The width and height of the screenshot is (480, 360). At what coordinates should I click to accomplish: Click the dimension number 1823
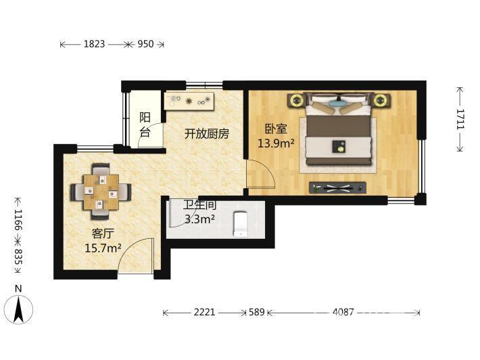pos(94,44)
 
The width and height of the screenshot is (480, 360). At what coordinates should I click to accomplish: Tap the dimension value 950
pos(145,44)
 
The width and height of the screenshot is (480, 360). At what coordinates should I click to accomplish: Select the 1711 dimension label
pos(460,119)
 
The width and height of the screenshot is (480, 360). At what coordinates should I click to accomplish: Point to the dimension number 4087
pos(343,312)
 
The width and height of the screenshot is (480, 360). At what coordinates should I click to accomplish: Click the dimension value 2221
pos(204,312)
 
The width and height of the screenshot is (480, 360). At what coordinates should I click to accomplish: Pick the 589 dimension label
pos(256,312)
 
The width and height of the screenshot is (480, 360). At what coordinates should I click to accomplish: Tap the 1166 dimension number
pos(18,220)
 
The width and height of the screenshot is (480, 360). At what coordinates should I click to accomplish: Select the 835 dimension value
pos(18,256)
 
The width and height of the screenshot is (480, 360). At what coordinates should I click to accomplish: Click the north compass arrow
pos(19,309)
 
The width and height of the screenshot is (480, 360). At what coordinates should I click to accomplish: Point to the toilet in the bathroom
pos(241,224)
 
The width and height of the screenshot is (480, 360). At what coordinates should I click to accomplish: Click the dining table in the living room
pos(101,192)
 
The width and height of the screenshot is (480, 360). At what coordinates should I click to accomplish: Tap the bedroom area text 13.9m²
pos(276,143)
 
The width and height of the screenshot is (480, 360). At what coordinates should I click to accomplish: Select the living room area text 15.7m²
pos(103,248)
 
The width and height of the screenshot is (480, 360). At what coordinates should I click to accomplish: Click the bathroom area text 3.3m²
pos(199,219)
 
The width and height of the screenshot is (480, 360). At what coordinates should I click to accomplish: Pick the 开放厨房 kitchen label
pos(207,134)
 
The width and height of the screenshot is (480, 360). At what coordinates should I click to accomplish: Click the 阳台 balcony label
pos(145,125)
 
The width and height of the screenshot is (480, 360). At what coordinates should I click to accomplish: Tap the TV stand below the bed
pos(337,188)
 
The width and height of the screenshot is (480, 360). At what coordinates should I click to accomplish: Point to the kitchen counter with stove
pos(189,101)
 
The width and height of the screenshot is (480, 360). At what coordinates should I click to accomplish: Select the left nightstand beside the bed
pos(296,100)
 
